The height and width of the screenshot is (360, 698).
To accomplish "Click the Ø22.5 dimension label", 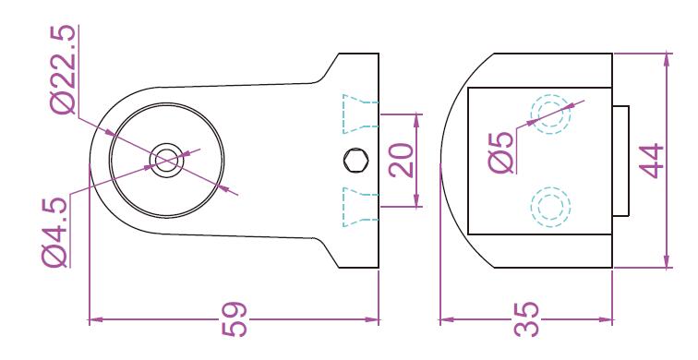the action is pos(64,69).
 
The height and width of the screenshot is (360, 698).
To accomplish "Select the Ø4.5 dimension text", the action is pos(54,232).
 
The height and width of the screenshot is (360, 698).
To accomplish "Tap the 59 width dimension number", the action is pos(235,318).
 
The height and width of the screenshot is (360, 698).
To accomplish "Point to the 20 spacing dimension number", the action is pos(402,161).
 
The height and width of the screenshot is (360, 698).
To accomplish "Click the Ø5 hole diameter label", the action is pos(501,152).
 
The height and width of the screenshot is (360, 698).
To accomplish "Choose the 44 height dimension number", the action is pos(651,161).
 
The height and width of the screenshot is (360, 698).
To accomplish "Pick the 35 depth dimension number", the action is pos(526,319).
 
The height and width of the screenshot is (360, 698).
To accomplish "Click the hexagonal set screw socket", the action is pos(356,161).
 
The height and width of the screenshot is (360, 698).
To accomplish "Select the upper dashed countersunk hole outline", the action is pos(360,114).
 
